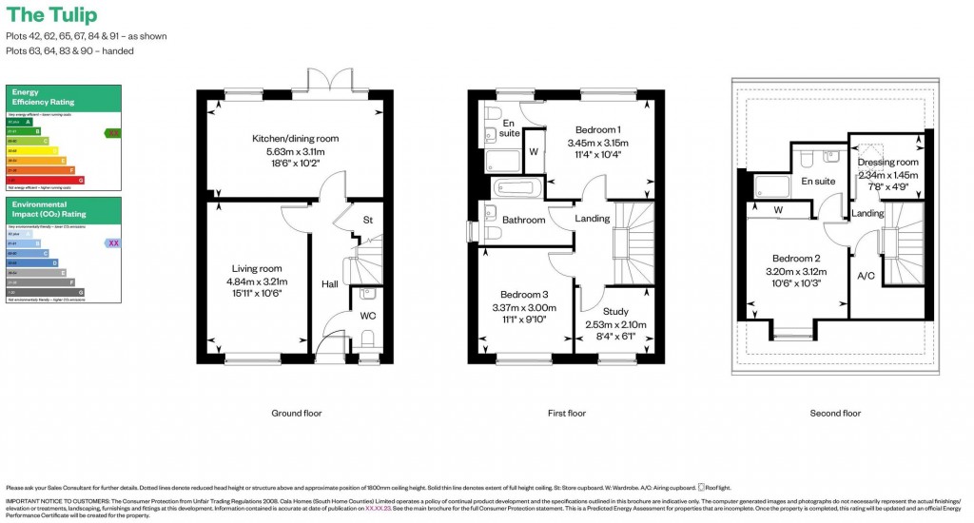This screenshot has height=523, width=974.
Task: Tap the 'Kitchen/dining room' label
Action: [x=295, y=139]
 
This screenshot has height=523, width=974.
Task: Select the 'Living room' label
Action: [x=257, y=269]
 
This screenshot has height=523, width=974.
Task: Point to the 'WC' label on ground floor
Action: [x=367, y=316]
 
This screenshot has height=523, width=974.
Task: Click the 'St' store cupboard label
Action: [x=367, y=221]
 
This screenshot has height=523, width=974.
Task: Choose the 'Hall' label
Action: [x=329, y=283]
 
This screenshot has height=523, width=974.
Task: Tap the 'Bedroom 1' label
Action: [x=597, y=130]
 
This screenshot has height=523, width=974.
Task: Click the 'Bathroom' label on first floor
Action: [x=523, y=220]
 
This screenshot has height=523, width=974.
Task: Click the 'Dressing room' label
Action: [x=887, y=163]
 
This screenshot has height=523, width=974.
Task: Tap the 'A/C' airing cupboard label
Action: [x=867, y=277]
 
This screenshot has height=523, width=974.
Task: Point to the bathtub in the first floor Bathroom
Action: [x=514, y=187]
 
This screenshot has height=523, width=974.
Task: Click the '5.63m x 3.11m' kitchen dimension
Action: [x=295, y=151]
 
